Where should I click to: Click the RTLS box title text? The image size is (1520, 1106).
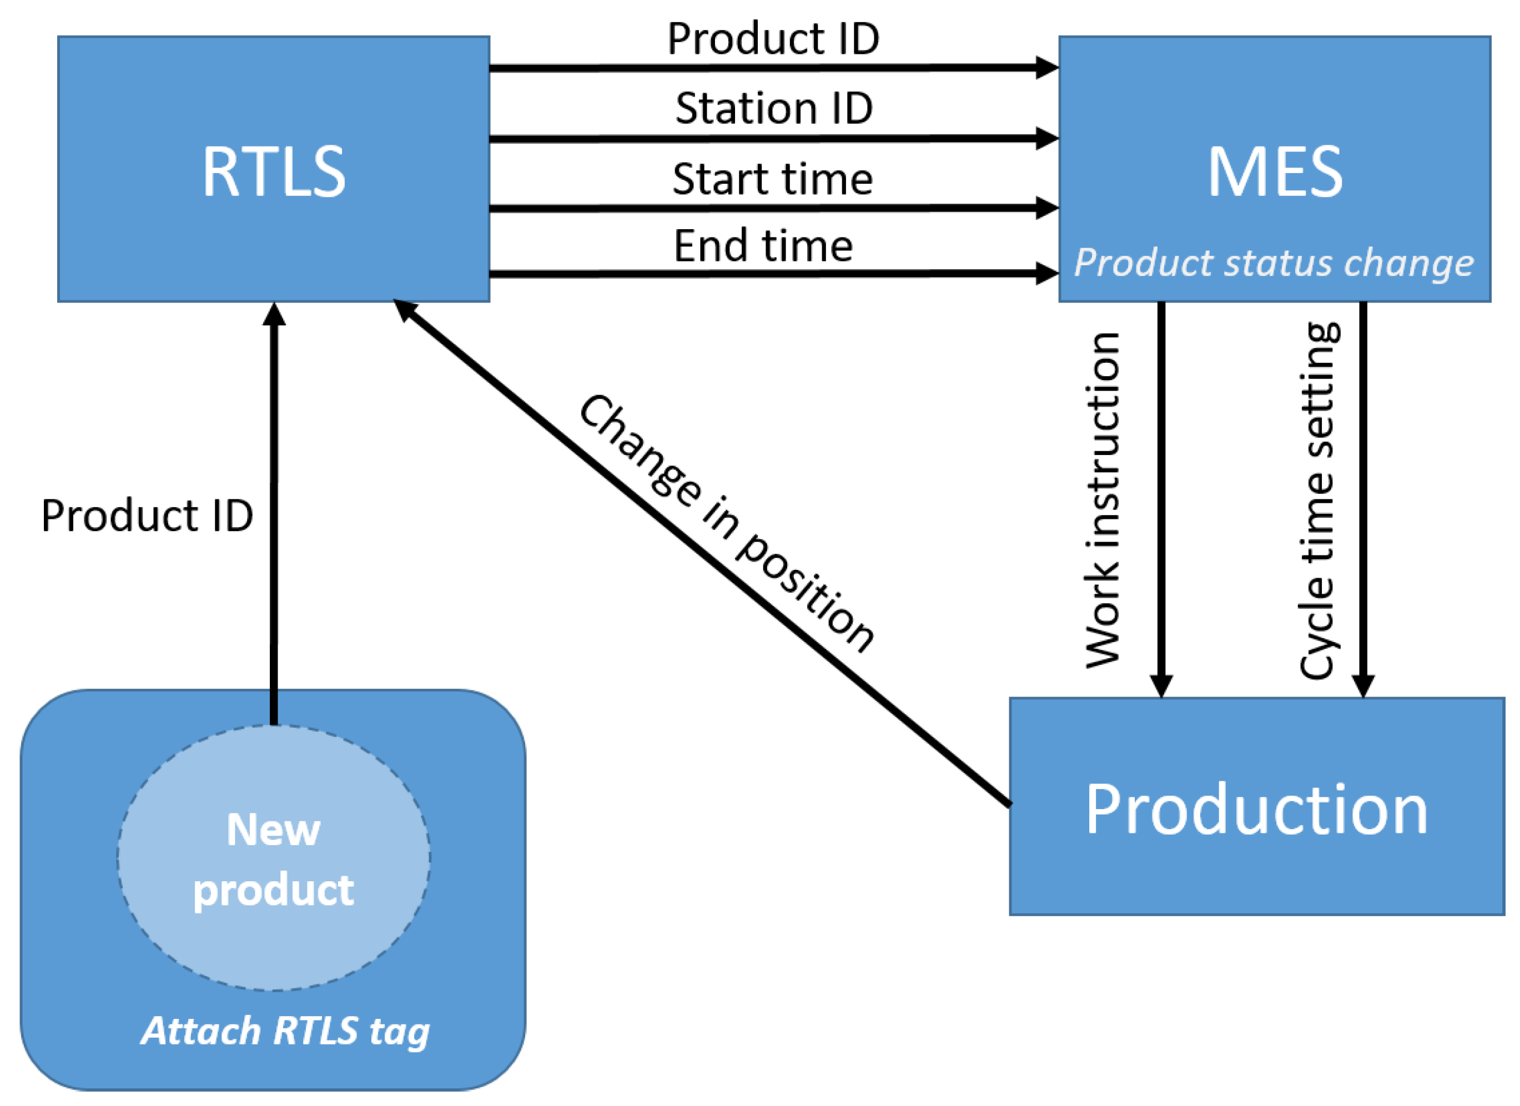pyautogui.click(x=274, y=173)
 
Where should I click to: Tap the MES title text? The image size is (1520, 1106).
pyautogui.click(x=1275, y=173)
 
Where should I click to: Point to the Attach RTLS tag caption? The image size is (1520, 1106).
pyautogui.click(x=285, y=1031)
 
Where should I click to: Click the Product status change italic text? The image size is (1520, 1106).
pyautogui.click(x=1274, y=262)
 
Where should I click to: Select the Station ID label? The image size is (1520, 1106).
pyautogui.click(x=773, y=109)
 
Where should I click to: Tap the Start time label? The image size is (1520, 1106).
pyautogui.click(x=772, y=180)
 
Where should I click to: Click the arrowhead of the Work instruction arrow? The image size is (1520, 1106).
pyautogui.click(x=1161, y=685)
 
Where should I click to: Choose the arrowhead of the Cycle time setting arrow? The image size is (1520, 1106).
pyautogui.click(x=1363, y=685)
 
